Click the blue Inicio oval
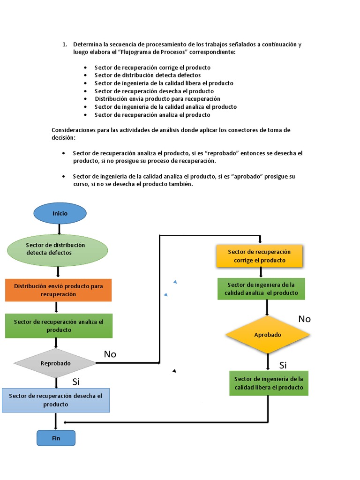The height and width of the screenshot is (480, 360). (60, 213)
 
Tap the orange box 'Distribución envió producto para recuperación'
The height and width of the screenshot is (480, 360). (59, 290)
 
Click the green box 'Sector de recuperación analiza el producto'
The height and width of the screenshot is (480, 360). (59, 326)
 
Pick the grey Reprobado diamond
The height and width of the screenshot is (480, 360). (55, 363)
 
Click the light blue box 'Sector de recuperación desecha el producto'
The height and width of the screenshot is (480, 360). (55, 400)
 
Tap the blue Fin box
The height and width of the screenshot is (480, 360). (56, 438)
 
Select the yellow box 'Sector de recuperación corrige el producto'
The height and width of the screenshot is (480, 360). (259, 256)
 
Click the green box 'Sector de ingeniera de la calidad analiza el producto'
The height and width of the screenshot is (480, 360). (261, 289)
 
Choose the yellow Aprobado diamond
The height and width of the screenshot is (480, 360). (267, 335)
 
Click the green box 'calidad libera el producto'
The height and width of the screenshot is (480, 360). (269, 383)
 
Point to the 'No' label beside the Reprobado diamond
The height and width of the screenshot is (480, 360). (110, 354)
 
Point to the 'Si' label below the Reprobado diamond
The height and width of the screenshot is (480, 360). (76, 382)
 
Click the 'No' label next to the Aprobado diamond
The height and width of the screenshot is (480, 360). (304, 319)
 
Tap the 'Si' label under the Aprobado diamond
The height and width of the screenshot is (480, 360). (283, 365)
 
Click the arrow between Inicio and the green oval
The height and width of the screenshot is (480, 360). (59, 229)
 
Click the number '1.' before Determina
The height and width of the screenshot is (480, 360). (65, 45)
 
